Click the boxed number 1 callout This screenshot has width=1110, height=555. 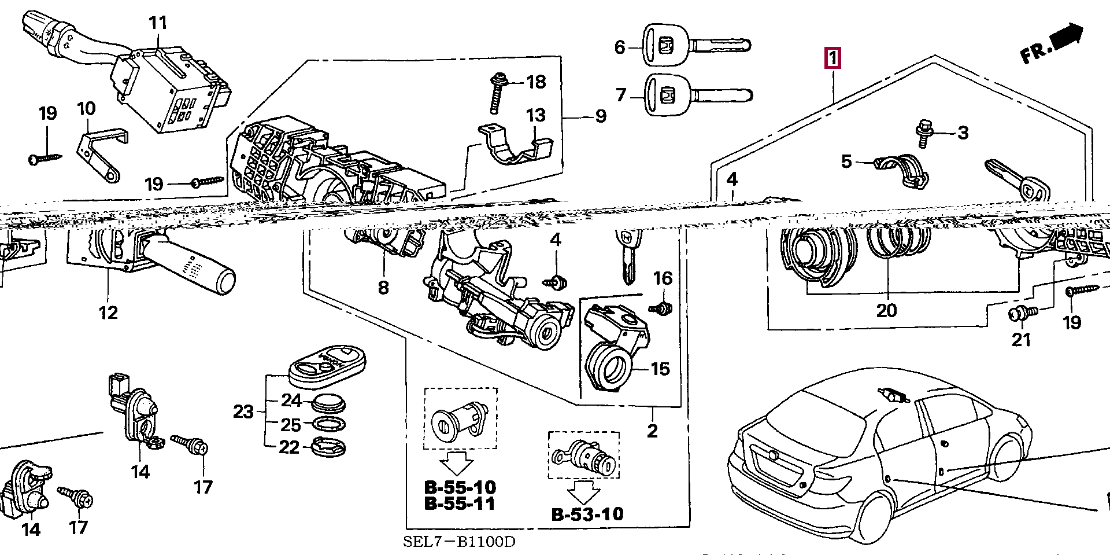click(x=832, y=58)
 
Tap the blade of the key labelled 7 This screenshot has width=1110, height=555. click(x=723, y=95)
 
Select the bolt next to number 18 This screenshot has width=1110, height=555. click(x=497, y=93)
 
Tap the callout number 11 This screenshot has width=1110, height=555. click(x=158, y=23)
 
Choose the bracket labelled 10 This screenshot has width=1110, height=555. click(x=101, y=153)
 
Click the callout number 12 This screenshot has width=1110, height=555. click(x=108, y=313)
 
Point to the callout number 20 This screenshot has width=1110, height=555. click(x=886, y=310)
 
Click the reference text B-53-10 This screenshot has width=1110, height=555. click(x=587, y=514)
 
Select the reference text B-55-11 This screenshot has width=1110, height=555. click(x=460, y=503)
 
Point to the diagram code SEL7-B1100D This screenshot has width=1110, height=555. click(x=458, y=542)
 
